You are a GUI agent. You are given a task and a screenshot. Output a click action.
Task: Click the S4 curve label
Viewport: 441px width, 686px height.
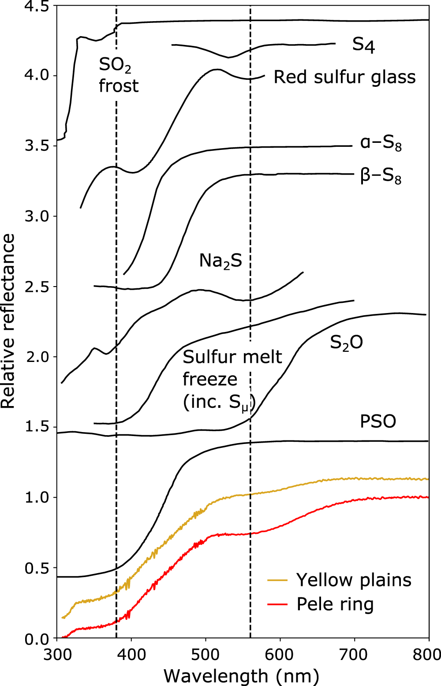(x=363, y=45)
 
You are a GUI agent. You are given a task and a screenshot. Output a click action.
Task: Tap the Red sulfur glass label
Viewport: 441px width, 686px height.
(x=344, y=77)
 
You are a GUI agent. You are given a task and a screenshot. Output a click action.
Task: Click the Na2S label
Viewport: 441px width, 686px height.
(x=220, y=261)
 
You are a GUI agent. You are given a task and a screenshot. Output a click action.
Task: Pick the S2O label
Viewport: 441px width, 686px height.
(x=346, y=343)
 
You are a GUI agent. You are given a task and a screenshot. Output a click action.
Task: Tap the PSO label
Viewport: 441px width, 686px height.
(x=378, y=421)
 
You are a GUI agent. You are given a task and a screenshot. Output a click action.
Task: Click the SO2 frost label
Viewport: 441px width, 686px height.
(x=118, y=76)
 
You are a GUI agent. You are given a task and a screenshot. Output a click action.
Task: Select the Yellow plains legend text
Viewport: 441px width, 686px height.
(x=354, y=580)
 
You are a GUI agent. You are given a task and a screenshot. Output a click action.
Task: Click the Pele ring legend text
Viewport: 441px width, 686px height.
(x=335, y=604)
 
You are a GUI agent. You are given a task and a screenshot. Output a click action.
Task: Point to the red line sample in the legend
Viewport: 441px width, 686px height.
(x=277, y=604)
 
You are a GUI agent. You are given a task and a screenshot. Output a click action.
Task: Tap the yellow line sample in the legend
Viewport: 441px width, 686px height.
(x=277, y=581)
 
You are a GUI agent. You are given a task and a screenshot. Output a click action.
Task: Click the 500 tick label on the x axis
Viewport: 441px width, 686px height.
(x=206, y=655)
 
